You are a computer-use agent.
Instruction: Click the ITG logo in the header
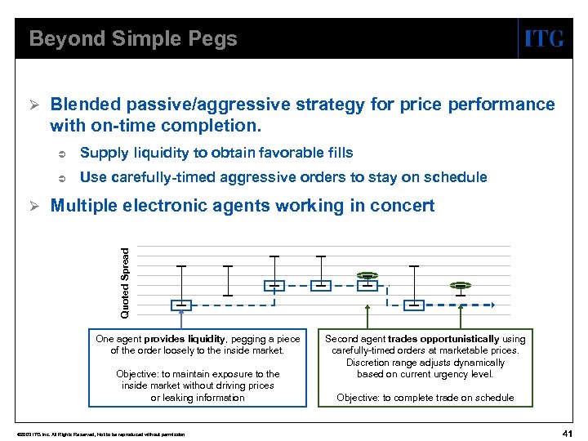pyautogui.click(x=543, y=38)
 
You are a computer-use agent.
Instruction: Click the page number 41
pyautogui.click(x=568, y=432)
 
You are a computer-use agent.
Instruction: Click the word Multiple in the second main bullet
pyautogui.click(x=84, y=206)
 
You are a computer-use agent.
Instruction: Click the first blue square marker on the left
pyautogui.click(x=181, y=305)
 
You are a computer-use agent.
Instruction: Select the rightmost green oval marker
pyautogui.click(x=461, y=286)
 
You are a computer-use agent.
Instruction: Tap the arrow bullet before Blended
pyautogui.click(x=34, y=105)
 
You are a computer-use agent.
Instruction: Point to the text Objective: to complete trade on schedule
pyautogui.click(x=425, y=398)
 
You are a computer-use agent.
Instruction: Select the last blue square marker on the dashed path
pyautogui.click(x=415, y=305)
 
